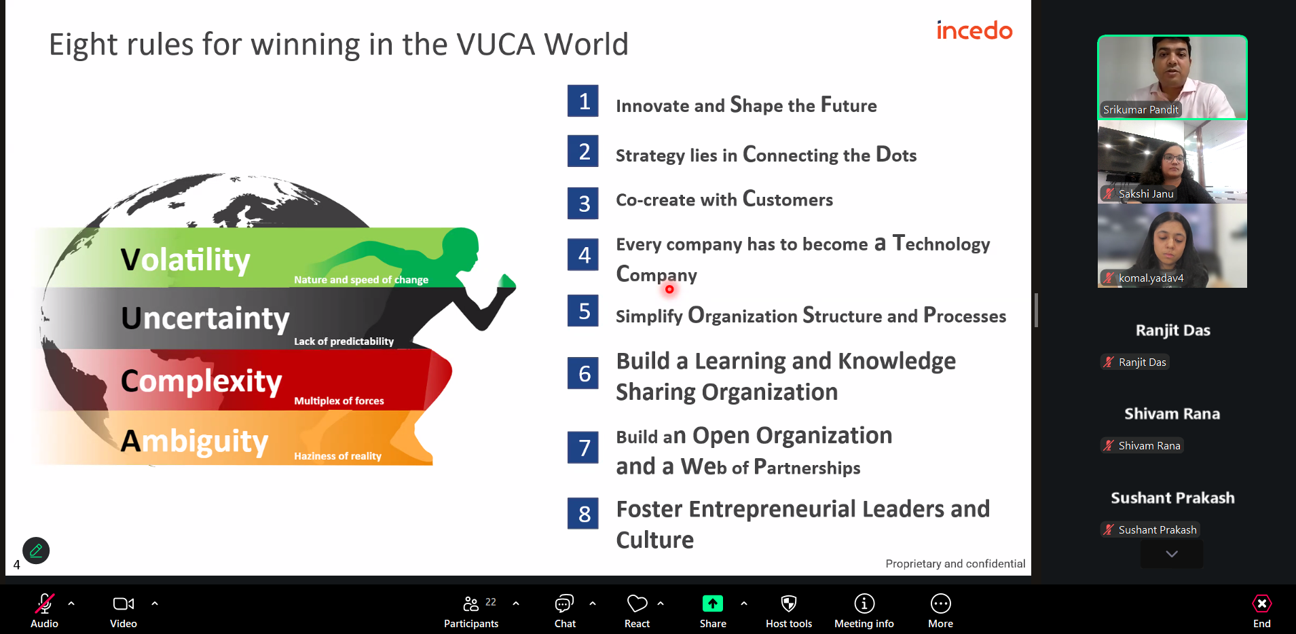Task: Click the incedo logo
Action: (x=974, y=31)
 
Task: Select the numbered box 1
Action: (x=583, y=101)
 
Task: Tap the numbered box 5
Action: (x=583, y=311)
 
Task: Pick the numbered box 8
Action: (x=583, y=514)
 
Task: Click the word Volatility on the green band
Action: (x=185, y=260)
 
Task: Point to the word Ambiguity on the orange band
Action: (x=194, y=442)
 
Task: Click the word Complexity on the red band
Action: (x=201, y=381)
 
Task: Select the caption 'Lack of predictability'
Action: (x=344, y=341)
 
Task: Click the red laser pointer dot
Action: (x=669, y=289)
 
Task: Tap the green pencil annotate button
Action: (x=36, y=551)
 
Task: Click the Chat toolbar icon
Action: (x=564, y=603)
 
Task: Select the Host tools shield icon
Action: (x=788, y=603)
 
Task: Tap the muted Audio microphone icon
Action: (x=45, y=603)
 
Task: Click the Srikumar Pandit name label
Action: (x=1141, y=109)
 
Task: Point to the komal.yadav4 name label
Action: (x=1151, y=278)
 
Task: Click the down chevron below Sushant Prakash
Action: (x=1172, y=554)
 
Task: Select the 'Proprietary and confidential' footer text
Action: (x=955, y=563)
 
